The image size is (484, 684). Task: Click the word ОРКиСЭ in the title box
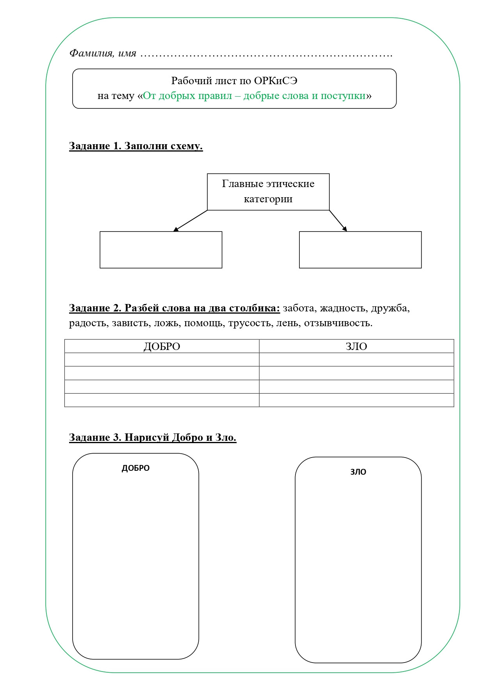click(276, 81)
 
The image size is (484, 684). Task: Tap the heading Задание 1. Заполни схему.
click(136, 146)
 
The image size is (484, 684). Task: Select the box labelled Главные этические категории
click(268, 191)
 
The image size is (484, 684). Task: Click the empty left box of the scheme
click(161, 250)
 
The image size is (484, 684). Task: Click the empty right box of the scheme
click(360, 250)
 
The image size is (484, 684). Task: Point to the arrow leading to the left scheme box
click(190, 221)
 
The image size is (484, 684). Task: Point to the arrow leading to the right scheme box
click(338, 221)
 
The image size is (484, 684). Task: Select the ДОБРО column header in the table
click(162, 346)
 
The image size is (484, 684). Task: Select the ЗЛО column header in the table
click(356, 346)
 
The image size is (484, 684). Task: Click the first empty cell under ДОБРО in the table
click(162, 360)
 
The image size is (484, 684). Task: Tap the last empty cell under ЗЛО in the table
click(356, 400)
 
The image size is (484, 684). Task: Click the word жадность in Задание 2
click(343, 308)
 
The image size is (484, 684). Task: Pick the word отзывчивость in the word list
click(338, 323)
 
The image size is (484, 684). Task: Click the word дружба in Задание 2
click(390, 308)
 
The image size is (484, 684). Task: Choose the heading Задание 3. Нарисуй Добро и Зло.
click(153, 437)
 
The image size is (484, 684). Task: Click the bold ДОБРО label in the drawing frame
click(135, 468)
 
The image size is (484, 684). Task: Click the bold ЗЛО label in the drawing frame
click(358, 472)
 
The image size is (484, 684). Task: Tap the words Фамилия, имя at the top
click(103, 53)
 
